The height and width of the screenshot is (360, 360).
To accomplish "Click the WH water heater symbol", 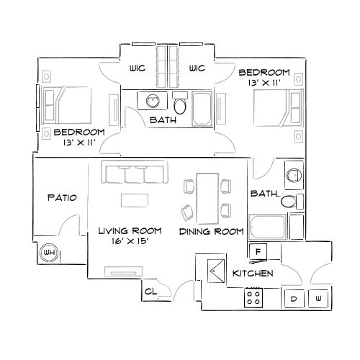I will [49, 253].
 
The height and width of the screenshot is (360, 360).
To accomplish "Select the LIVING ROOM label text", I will [129, 230].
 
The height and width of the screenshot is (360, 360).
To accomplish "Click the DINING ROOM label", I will [211, 231].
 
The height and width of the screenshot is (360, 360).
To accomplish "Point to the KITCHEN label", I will [252, 274].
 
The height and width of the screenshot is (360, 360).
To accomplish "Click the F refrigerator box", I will [258, 251].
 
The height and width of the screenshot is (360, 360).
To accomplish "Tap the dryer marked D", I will [294, 297].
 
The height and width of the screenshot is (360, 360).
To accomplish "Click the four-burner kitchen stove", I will [253, 297].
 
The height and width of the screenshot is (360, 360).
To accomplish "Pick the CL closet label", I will [150, 292].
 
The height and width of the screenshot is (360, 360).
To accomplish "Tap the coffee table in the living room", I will [135, 199].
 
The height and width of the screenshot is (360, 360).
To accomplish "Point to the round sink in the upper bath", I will [153, 101].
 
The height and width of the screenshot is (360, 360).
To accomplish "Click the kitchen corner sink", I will [215, 271].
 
